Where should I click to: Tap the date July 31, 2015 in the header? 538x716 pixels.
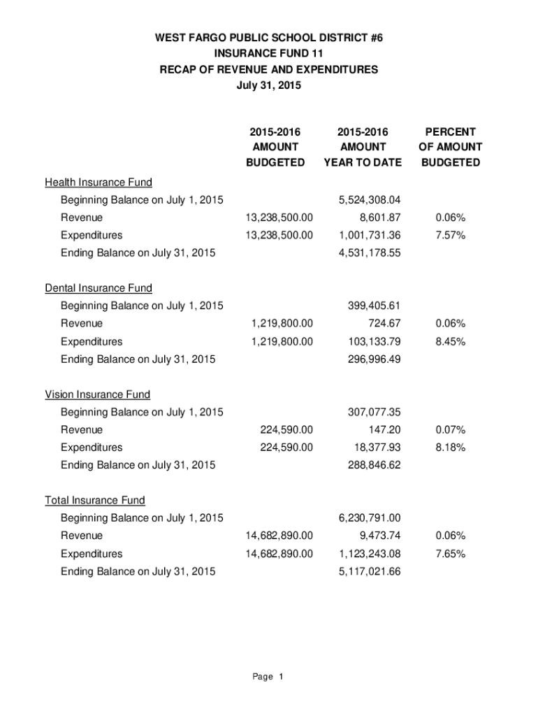pyautogui.click(x=269, y=85)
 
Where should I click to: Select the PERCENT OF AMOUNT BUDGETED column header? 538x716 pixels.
pyautogui.click(x=450, y=147)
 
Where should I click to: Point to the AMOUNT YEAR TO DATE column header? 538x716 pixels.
pyautogui.click(x=363, y=147)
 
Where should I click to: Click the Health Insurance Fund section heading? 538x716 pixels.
pyautogui.click(x=99, y=182)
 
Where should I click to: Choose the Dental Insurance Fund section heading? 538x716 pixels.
pyautogui.click(x=99, y=288)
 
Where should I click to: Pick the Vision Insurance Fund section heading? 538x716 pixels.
pyautogui.click(x=98, y=394)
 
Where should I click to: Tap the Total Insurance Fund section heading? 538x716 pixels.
pyautogui.click(x=95, y=500)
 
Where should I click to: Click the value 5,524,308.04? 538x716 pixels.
pyautogui.click(x=370, y=200)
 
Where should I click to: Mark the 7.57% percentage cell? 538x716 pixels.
pyautogui.click(x=450, y=235)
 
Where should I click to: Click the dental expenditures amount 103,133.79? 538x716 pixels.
pyautogui.click(x=375, y=341)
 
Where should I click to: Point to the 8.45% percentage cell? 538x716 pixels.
pyautogui.click(x=450, y=341)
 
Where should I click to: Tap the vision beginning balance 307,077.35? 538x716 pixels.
pyautogui.click(x=375, y=412)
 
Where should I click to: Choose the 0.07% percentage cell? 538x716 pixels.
pyautogui.click(x=450, y=429)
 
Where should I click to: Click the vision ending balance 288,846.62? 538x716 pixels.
pyautogui.click(x=375, y=464)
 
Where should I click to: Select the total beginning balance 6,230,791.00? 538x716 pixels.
pyautogui.click(x=370, y=518)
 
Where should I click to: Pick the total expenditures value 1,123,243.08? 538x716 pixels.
pyautogui.click(x=370, y=554)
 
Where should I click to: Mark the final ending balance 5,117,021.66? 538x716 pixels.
pyautogui.click(x=370, y=571)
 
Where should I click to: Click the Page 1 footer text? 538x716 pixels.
pyautogui.click(x=268, y=677)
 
